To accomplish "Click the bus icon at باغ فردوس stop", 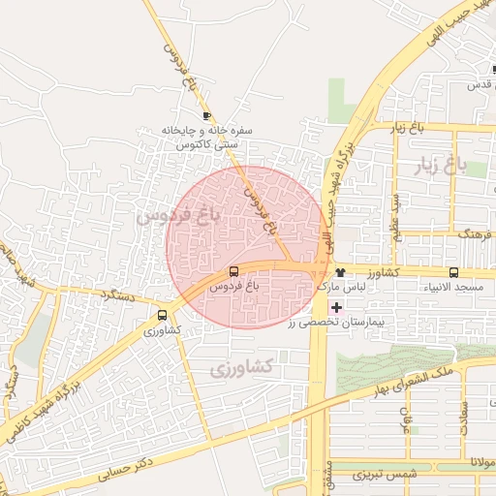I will tap(233, 272).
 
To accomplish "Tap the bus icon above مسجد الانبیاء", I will tap(454, 272).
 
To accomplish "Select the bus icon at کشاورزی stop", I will tap(162, 315).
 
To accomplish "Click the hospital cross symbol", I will tap(336, 307).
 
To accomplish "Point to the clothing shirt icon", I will tap(340, 272).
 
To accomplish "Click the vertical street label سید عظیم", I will tap(395, 215).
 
